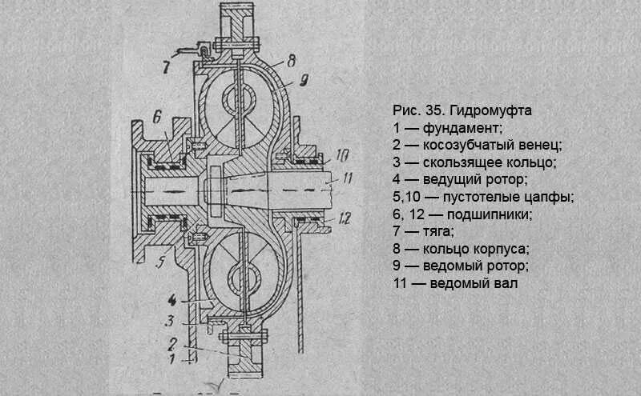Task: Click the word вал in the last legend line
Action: pos(518,284)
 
